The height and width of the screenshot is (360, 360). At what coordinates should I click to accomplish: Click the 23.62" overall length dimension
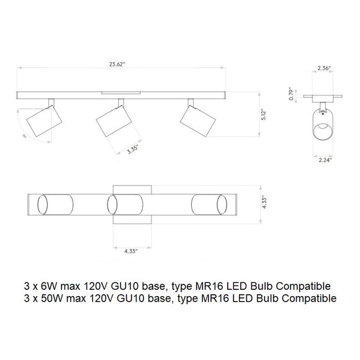pos(117,65)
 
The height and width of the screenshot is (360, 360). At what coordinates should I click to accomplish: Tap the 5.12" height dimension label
pos(263,115)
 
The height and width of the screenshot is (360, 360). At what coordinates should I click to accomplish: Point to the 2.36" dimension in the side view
pos(324,68)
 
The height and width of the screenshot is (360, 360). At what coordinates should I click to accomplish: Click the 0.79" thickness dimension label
pos(291,94)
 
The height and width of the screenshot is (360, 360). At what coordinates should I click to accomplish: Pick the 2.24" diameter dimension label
pos(325,160)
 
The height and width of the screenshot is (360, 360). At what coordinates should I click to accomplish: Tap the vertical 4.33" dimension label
pos(264,202)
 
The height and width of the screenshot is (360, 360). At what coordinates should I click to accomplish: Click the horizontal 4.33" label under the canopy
pos(131,251)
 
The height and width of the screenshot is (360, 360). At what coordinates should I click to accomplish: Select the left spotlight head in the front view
pos(44,121)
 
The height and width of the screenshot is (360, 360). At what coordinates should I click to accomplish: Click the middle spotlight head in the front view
pos(114,121)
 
